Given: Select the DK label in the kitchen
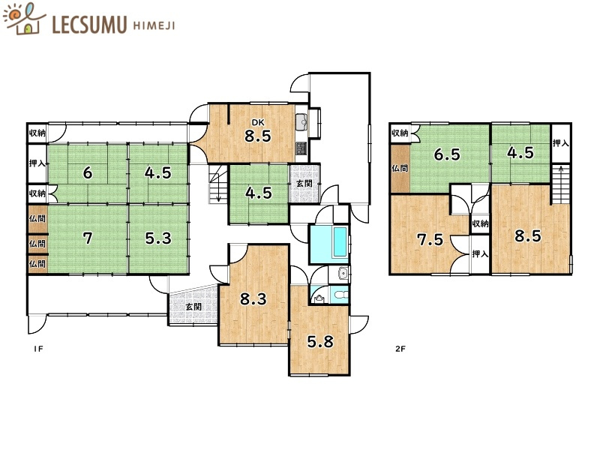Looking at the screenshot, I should (257, 122).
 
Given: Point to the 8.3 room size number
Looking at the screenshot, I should (253, 299).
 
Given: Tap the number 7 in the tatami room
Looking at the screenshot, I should (88, 238).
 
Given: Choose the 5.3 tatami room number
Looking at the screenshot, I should (157, 238).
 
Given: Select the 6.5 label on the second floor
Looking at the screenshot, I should (447, 155).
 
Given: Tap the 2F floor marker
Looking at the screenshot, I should (401, 349).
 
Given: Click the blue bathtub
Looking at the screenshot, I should (328, 243).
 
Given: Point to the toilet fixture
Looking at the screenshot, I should (340, 295).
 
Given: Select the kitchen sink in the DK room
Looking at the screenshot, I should (302, 121).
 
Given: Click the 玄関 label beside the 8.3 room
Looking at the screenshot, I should (193, 307).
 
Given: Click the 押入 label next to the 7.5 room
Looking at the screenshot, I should (480, 254).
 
